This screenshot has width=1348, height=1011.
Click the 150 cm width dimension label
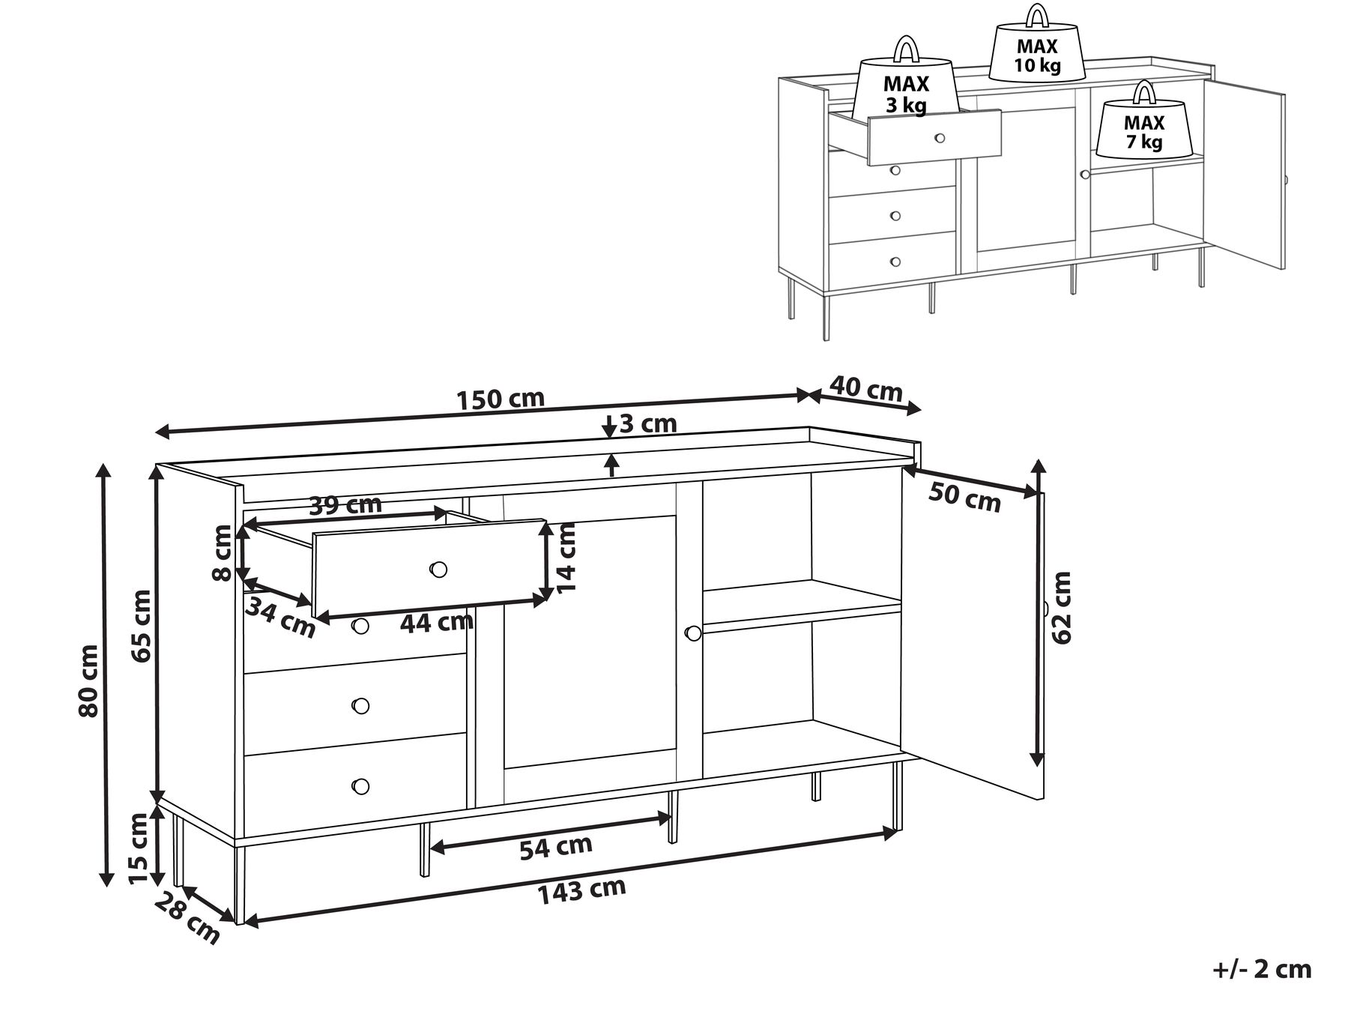(x=501, y=398)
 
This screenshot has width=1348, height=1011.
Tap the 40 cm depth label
(x=866, y=390)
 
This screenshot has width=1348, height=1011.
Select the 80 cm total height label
(x=88, y=680)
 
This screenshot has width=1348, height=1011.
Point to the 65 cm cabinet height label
(x=140, y=625)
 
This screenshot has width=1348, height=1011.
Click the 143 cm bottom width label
(x=581, y=890)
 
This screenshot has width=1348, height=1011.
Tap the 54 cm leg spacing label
(x=556, y=847)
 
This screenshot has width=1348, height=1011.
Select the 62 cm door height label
(x=1061, y=607)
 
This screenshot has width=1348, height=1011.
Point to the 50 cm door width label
(x=964, y=498)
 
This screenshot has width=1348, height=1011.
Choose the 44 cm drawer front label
(x=436, y=621)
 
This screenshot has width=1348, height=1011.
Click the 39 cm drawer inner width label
(x=345, y=505)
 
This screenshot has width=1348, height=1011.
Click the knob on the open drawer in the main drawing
(x=438, y=570)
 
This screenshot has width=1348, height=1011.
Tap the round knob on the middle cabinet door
(x=692, y=633)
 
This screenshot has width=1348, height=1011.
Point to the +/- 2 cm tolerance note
(x=1262, y=969)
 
